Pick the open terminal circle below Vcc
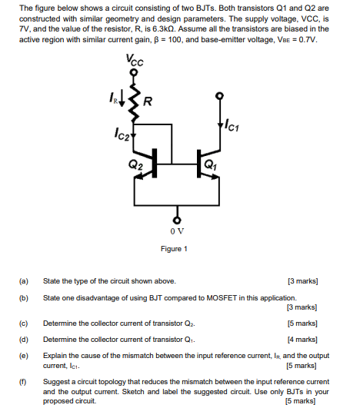[x=135, y=72]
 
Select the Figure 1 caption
[x=175, y=248]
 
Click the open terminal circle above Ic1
[x=221, y=96]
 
